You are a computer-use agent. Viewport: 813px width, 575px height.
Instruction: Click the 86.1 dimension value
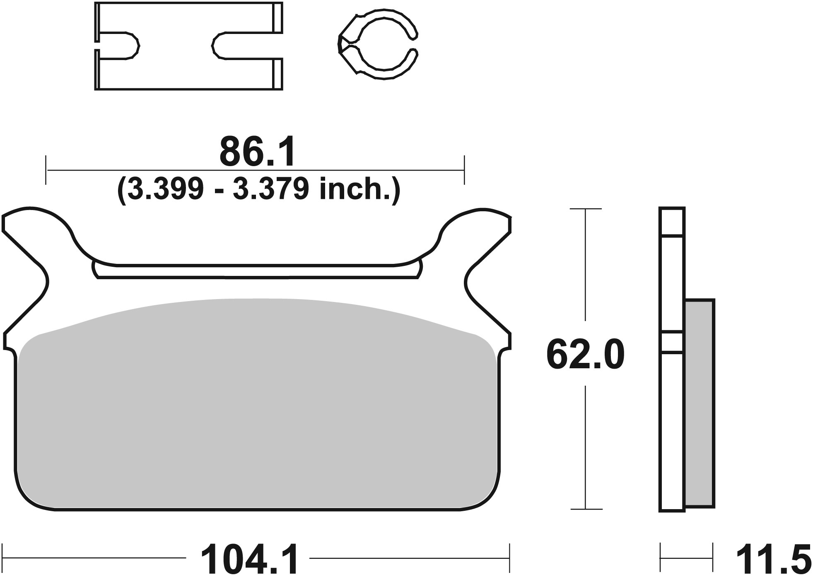point(257,152)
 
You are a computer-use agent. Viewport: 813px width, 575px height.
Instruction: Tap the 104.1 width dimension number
point(249,559)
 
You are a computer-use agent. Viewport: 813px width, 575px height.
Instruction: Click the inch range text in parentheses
point(259,190)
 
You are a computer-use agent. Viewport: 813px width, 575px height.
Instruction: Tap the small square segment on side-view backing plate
point(671,342)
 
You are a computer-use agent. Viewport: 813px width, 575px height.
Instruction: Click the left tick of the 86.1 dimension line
point(46,170)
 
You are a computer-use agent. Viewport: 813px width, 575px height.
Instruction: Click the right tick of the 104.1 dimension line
point(509,558)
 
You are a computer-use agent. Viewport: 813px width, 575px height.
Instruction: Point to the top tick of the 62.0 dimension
point(585,209)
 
